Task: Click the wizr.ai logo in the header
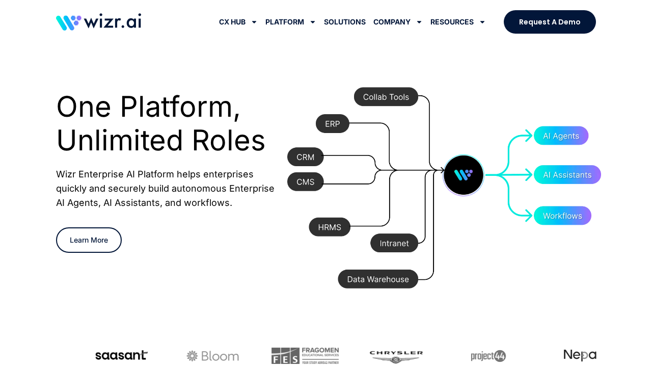click(98, 22)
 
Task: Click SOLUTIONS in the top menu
click(344, 22)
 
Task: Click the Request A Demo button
click(550, 22)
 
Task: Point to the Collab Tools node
click(386, 97)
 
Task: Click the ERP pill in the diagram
click(332, 124)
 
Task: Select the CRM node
click(305, 157)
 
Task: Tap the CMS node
click(305, 182)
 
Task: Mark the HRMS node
click(330, 227)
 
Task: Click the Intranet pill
click(394, 243)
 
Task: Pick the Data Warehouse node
click(377, 279)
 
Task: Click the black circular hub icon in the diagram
click(463, 175)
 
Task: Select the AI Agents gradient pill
click(561, 136)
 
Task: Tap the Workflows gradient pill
click(562, 216)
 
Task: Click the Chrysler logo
click(396, 356)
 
